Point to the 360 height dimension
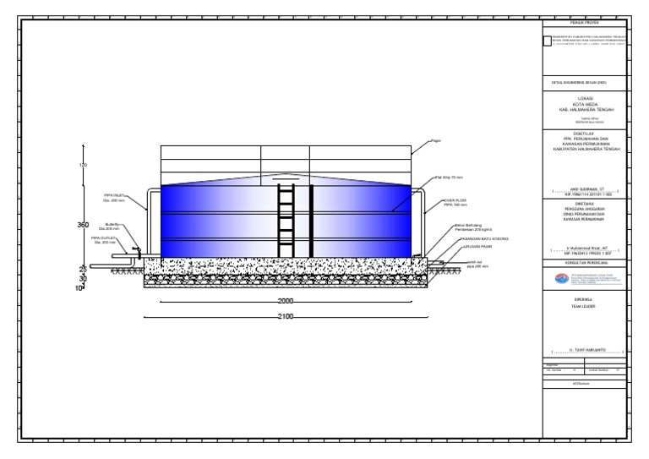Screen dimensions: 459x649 coord(83,226)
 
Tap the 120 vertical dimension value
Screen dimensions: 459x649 coord(83,165)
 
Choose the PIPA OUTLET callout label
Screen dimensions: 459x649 coord(103,240)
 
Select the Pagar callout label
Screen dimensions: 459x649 coord(437,140)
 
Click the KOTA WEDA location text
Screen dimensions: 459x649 coord(586,104)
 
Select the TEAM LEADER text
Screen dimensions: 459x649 coord(586,305)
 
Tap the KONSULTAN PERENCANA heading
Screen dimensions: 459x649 coord(586,263)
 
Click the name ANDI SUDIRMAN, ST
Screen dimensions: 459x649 coord(586,192)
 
